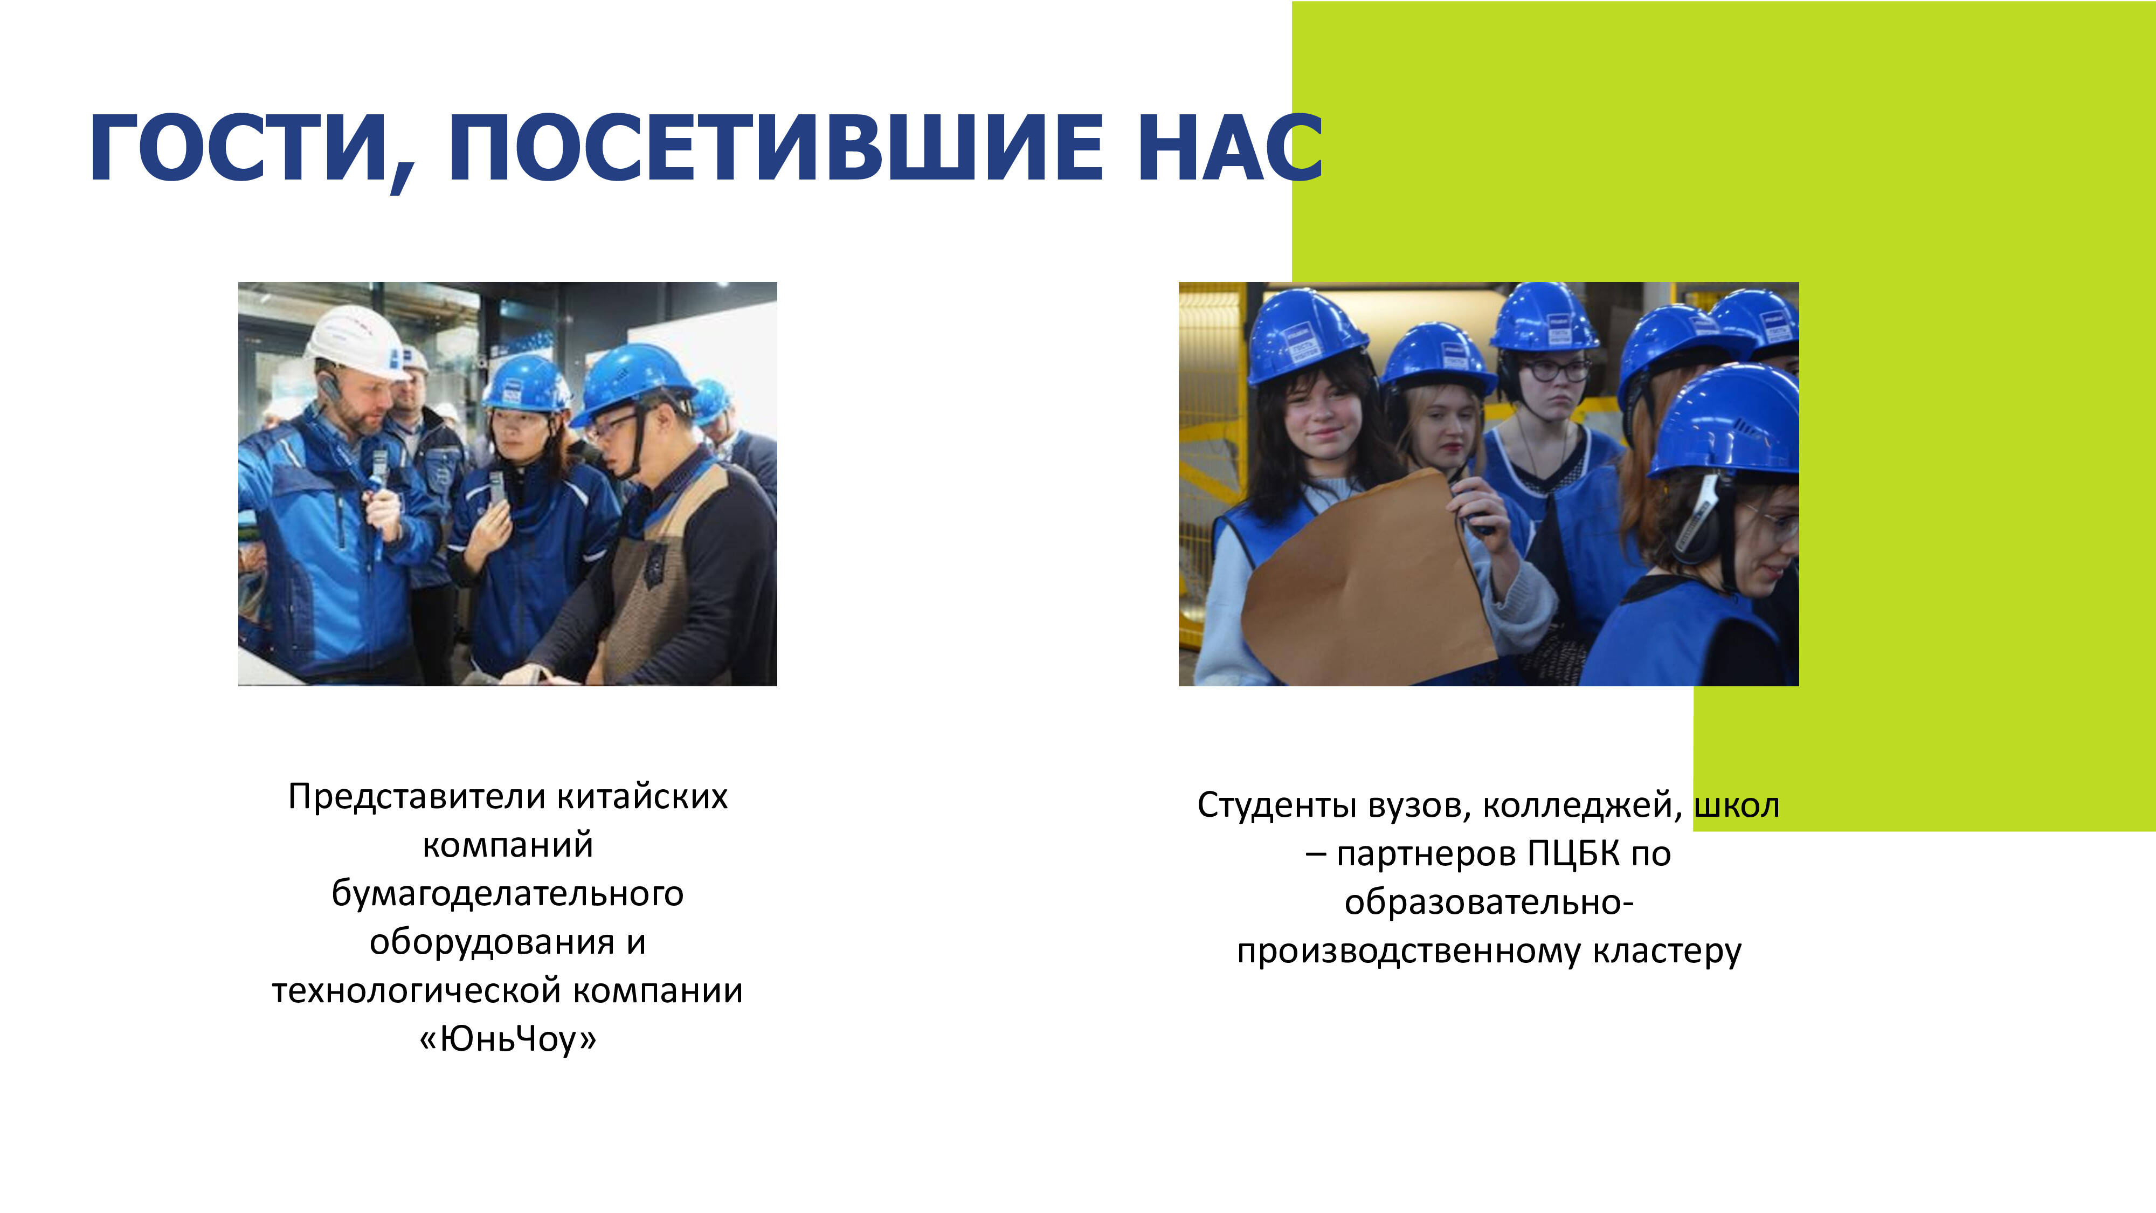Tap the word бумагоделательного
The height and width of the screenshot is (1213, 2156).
(507, 893)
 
